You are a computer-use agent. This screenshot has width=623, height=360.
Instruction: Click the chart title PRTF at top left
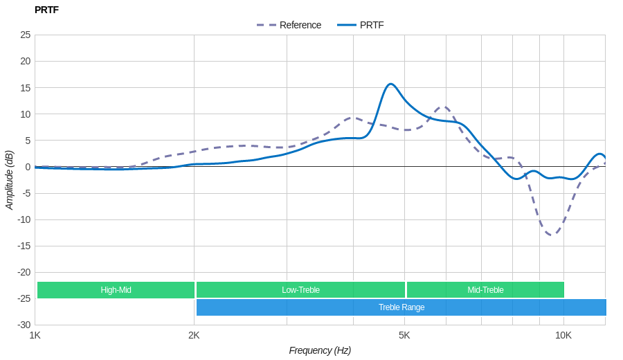tap(46, 10)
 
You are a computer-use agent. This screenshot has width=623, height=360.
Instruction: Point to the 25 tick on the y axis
tap(26, 35)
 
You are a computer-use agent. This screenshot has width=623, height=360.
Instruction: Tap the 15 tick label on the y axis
tap(26, 88)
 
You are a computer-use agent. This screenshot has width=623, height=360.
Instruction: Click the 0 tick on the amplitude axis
tap(28, 167)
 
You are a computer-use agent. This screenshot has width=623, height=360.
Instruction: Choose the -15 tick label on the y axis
tap(24, 246)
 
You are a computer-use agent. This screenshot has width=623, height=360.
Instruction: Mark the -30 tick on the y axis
tap(24, 325)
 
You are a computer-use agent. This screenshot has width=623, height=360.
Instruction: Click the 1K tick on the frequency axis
tap(35, 335)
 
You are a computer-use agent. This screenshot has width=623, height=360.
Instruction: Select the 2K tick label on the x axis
tap(194, 335)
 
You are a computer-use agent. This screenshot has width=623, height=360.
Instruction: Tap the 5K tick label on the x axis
tap(404, 335)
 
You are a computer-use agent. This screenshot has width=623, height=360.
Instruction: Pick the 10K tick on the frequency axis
tap(563, 335)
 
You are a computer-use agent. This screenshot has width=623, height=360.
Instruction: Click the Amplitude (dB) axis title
tap(10, 180)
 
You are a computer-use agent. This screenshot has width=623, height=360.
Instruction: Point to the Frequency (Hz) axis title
tap(320, 350)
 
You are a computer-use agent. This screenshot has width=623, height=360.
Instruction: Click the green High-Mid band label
tap(116, 290)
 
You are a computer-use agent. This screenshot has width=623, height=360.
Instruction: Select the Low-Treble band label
tap(300, 290)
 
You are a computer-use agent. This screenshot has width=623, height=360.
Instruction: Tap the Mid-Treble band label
tap(485, 290)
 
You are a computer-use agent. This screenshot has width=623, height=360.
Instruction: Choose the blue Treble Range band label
tap(401, 307)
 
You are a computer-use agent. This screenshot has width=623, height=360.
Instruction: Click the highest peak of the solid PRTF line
tap(390, 84)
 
